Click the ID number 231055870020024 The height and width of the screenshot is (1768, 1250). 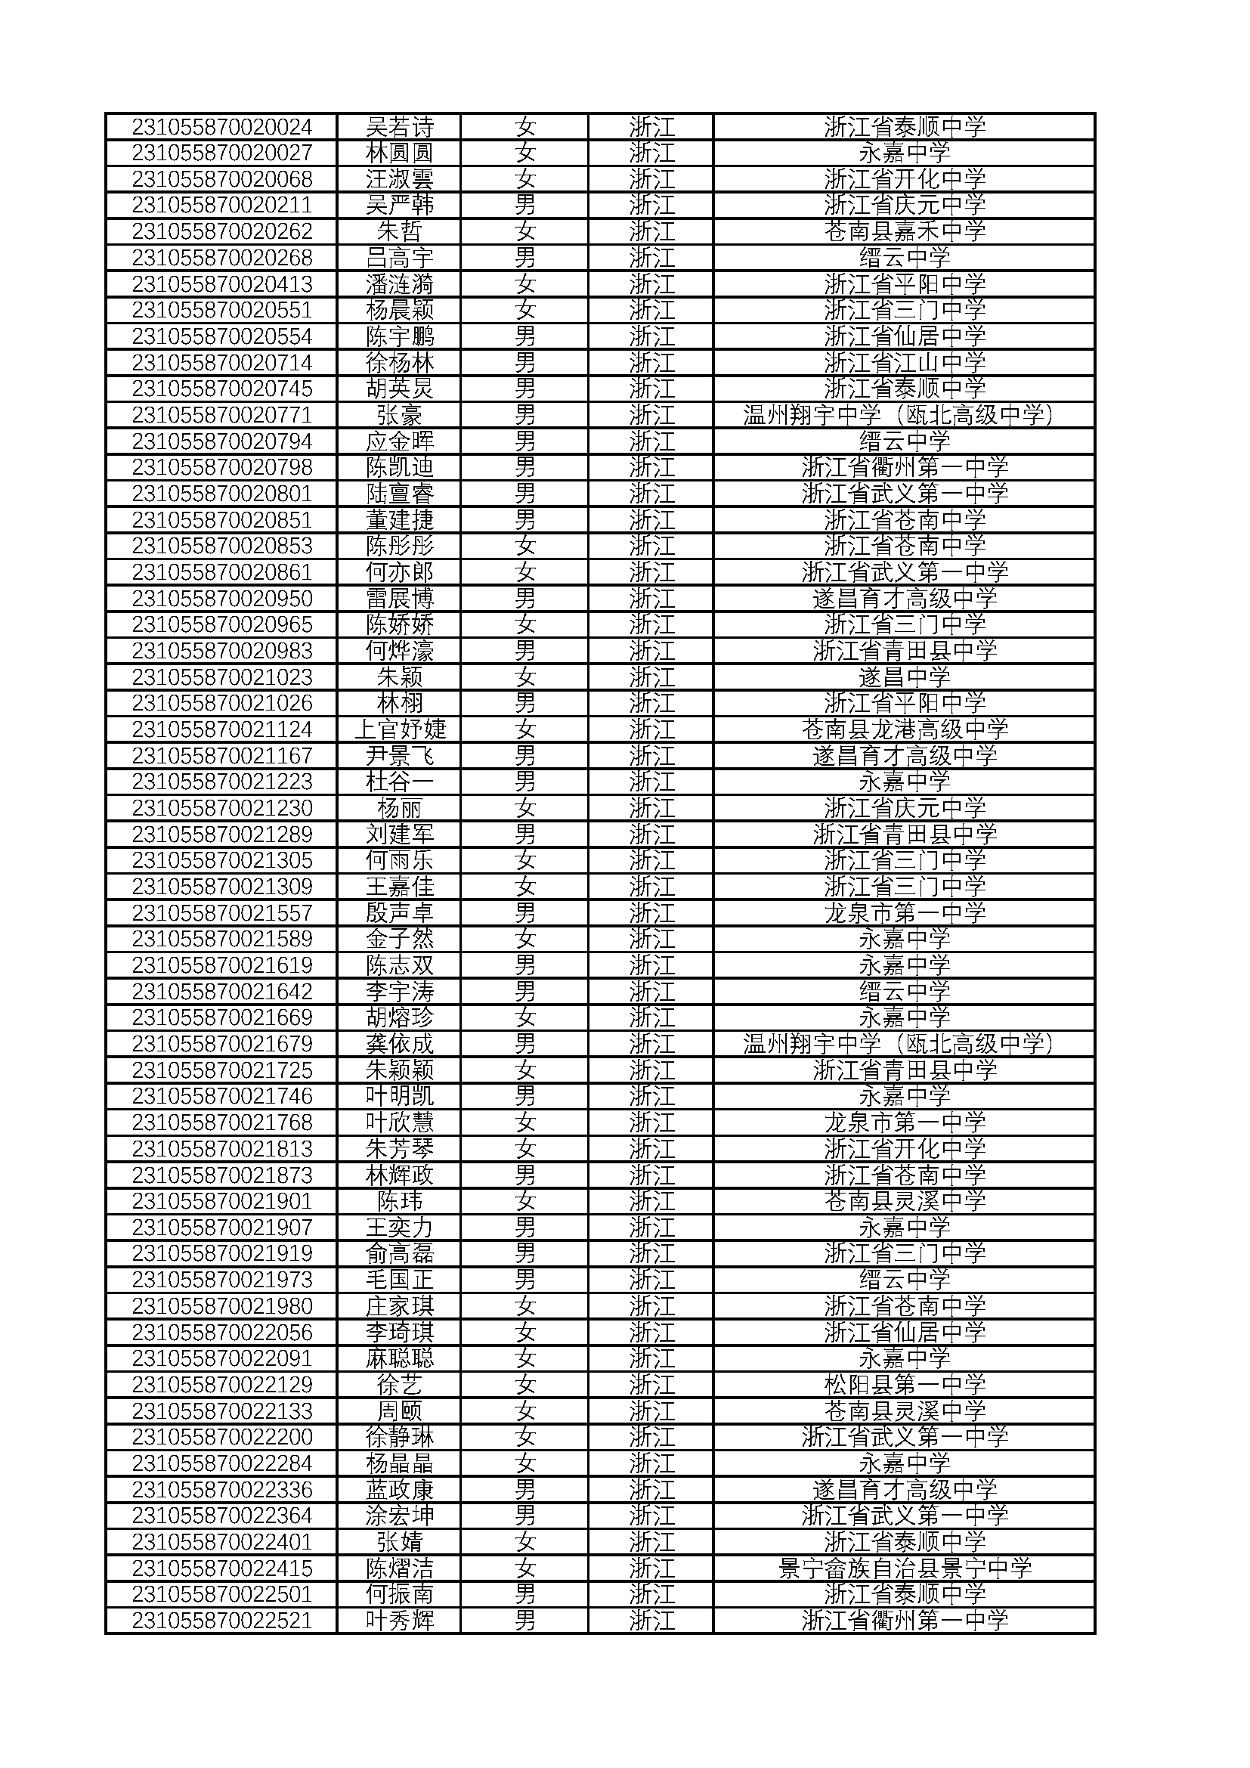221,126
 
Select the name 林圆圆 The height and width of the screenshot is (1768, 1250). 399,153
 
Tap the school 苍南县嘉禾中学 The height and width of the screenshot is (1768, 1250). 905,231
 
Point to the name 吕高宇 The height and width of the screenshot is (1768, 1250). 399,257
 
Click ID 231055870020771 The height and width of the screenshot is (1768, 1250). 221,415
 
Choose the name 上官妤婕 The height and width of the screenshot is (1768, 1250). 399,729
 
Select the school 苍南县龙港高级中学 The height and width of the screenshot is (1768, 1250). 905,729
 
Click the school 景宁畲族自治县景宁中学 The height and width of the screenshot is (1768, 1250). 905,1568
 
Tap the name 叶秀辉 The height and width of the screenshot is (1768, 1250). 399,1621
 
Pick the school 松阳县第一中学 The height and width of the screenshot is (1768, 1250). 905,1385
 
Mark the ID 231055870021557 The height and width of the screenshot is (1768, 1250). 221,912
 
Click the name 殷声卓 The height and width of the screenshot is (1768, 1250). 399,912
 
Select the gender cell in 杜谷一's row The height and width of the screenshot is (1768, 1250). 525,782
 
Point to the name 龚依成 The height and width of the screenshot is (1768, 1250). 399,1044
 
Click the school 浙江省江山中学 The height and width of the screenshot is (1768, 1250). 905,363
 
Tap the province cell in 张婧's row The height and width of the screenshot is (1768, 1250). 651,1543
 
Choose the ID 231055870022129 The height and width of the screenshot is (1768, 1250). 221,1385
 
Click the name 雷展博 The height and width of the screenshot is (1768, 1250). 399,599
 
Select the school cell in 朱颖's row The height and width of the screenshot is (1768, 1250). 905,677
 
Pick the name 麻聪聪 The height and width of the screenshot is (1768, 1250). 399,1358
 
